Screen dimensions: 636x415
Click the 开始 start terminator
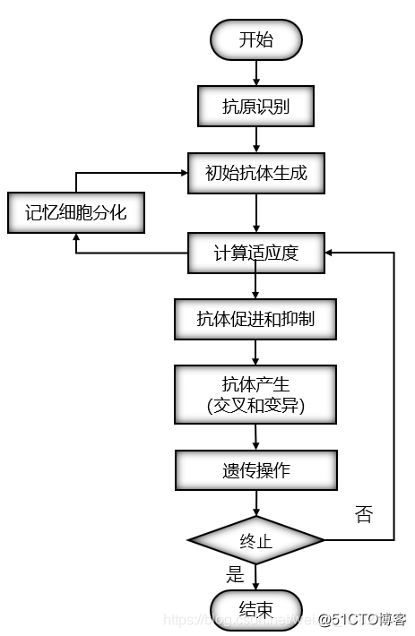pyautogui.click(x=256, y=39)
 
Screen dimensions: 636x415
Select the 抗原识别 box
pyautogui.click(x=256, y=107)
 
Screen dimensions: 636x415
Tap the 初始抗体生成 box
pyautogui.click(x=256, y=173)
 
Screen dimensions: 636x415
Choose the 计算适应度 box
pyautogui.click(x=256, y=253)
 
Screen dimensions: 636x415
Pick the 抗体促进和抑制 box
pyautogui.click(x=256, y=318)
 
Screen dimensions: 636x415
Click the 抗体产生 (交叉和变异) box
pyautogui.click(x=256, y=393)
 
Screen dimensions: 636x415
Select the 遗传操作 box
pyautogui.click(x=256, y=469)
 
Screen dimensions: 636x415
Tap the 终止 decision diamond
pyautogui.click(x=256, y=540)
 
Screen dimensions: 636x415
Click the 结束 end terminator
pyautogui.click(x=256, y=610)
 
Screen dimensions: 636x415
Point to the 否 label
pyautogui.click(x=364, y=513)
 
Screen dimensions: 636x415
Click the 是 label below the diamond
pyautogui.click(x=236, y=573)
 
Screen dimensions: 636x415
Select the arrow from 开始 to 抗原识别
pyautogui.click(x=256, y=73)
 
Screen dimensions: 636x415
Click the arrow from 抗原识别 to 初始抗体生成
pyautogui.click(x=256, y=140)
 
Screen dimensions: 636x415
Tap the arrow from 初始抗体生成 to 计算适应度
pyautogui.click(x=256, y=213)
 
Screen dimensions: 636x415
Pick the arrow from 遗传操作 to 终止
pyautogui.click(x=256, y=503)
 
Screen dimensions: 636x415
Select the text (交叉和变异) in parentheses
pyautogui.click(x=256, y=405)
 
